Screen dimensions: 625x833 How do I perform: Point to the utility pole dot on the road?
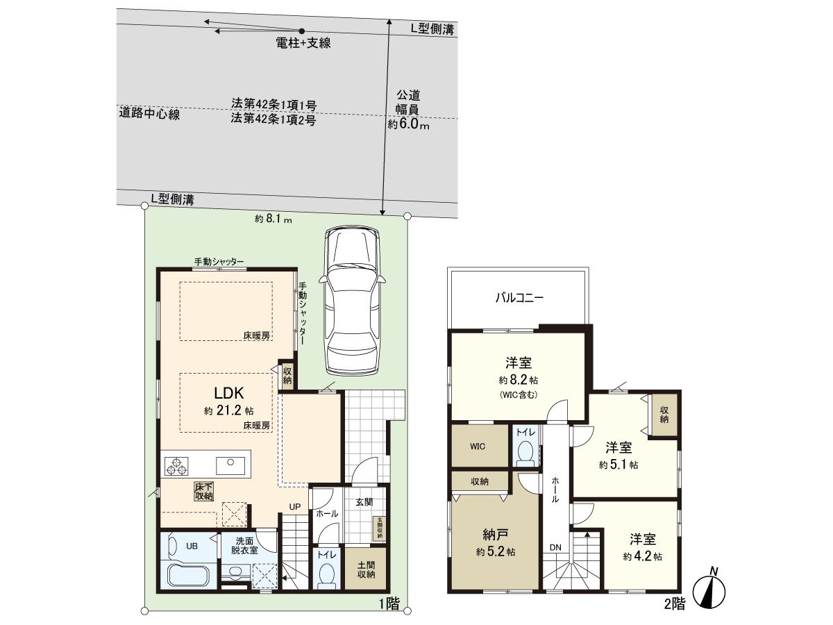pos(302,31)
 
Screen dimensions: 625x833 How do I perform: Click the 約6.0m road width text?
pos(408,126)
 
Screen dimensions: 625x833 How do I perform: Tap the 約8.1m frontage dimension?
pos(273,219)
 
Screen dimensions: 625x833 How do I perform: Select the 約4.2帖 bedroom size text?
pos(642,556)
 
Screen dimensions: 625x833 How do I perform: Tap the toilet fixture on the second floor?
pos(525,453)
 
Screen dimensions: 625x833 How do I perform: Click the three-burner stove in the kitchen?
pos(176,465)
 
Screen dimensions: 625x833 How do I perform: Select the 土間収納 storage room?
pos(366,569)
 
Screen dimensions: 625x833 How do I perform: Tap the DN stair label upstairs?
pos(556,547)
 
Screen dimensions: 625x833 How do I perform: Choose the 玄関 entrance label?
pos(365,501)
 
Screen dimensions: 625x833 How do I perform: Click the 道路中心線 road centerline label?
pos(149,114)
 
